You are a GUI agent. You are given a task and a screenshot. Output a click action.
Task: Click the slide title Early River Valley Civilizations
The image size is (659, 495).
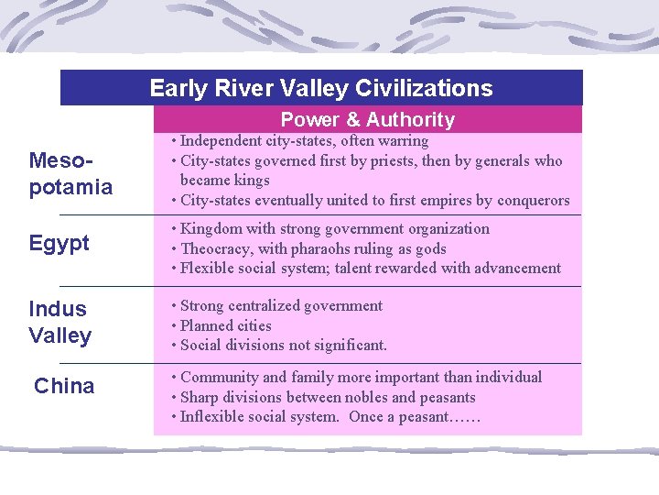coord(320,88)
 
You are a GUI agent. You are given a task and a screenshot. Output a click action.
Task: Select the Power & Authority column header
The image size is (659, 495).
coord(367,119)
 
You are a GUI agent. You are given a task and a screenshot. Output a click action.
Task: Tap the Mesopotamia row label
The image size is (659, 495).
coord(70,174)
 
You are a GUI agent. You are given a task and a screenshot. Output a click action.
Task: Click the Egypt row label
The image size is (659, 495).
coord(59,243)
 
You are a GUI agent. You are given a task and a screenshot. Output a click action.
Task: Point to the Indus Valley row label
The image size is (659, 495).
coord(59,322)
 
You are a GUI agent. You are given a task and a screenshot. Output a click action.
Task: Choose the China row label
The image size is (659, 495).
coord(64,386)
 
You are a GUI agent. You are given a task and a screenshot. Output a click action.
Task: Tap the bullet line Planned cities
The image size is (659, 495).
coord(225,325)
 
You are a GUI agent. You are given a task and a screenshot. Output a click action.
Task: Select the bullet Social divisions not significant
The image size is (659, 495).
coord(284,345)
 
